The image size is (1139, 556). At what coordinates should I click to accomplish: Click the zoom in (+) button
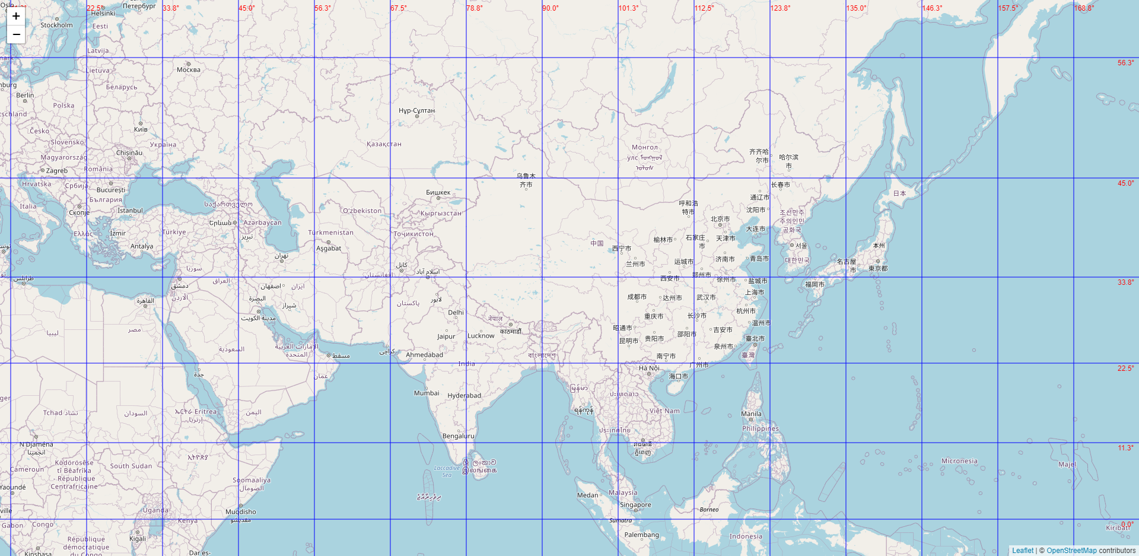point(16,16)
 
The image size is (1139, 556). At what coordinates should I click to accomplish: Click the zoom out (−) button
point(16,34)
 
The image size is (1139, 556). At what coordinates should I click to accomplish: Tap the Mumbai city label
point(427,393)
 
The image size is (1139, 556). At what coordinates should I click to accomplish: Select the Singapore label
point(635,505)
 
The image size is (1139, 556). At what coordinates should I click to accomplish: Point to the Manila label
point(751,414)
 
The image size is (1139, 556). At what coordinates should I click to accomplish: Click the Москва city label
point(189,70)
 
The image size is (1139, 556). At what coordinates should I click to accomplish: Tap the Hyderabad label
point(464,396)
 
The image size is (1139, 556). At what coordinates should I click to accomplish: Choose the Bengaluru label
point(458,436)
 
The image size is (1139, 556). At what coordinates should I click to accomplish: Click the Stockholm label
point(56,25)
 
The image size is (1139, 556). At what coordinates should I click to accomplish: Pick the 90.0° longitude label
point(551,8)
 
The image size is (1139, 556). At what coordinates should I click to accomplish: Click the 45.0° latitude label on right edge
point(1125,183)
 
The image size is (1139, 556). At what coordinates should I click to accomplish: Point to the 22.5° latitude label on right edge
point(1125,368)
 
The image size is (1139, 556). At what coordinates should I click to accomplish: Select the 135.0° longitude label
point(856,8)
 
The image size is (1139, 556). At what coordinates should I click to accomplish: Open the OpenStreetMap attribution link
point(1071,551)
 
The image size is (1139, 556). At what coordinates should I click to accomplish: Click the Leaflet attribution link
point(1022,551)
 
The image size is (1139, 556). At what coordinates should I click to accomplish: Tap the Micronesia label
point(959,461)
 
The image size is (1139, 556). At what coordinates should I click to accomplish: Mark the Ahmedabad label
point(424,355)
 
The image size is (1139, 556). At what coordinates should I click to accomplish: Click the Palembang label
point(641,535)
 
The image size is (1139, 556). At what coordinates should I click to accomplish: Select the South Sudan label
point(131,466)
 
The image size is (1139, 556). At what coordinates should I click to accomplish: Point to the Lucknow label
point(481,336)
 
